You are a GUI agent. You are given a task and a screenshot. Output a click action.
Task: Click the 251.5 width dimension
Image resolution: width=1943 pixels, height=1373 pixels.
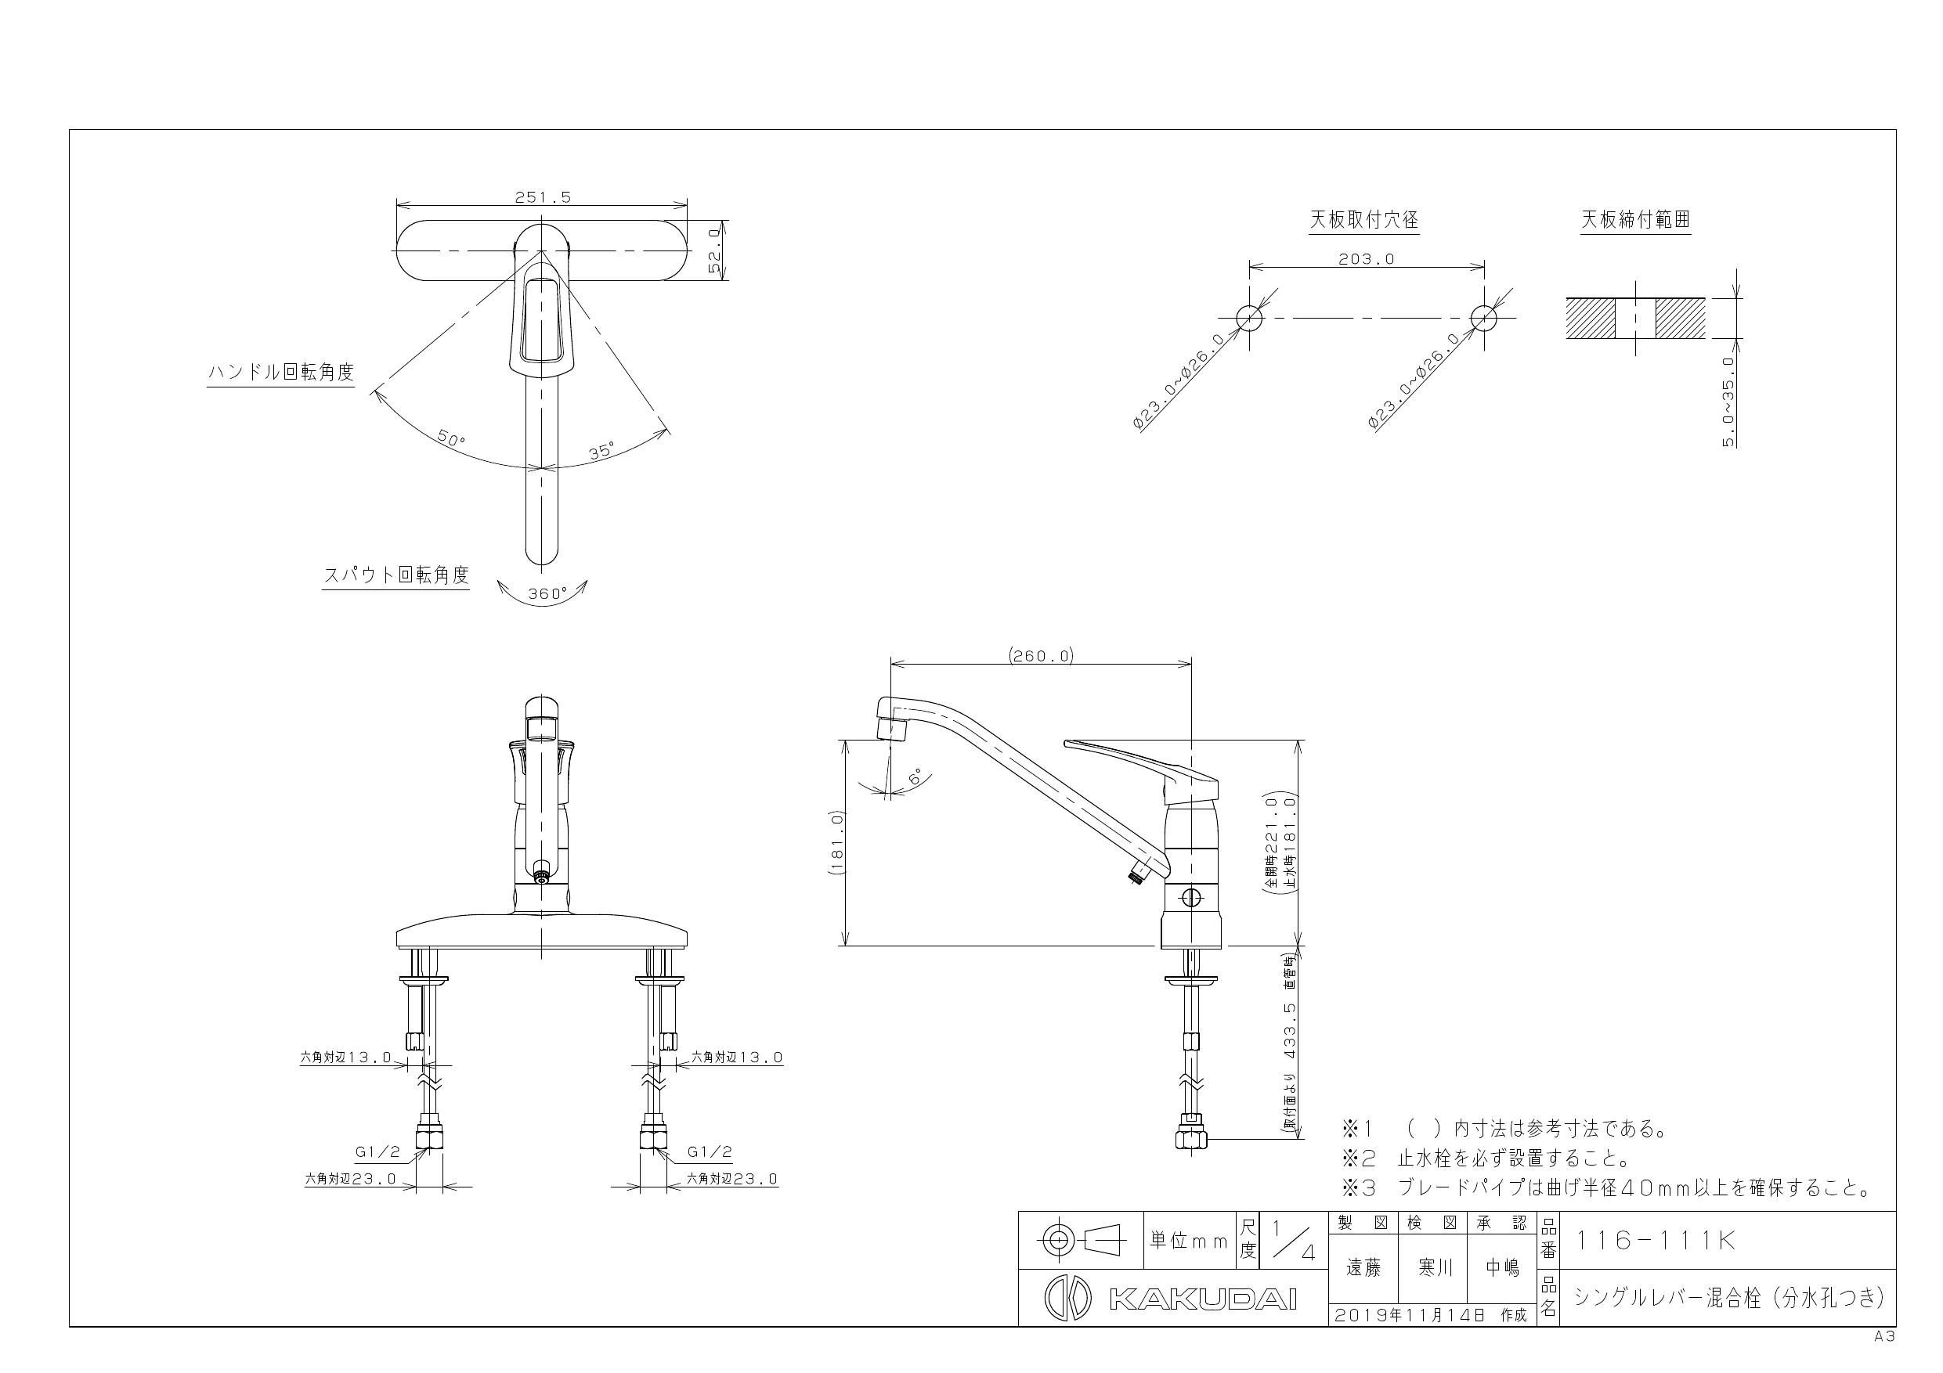tap(543, 197)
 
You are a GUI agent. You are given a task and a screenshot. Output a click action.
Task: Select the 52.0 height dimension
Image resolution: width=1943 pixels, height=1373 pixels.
tap(715, 250)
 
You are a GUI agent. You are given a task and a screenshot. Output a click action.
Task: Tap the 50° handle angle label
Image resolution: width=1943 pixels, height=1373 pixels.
tap(451, 439)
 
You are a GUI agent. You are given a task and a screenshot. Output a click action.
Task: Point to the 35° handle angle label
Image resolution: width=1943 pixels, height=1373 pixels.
tap(601, 450)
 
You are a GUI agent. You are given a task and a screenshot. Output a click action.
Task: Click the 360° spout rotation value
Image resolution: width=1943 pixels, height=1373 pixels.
tap(547, 594)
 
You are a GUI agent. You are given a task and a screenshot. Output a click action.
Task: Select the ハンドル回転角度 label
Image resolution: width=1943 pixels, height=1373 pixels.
tap(281, 373)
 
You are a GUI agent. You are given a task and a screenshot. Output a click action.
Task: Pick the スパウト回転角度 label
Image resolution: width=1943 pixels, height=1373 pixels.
tap(396, 575)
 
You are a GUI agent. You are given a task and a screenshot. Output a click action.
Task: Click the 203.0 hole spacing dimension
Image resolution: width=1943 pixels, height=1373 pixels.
tap(1366, 259)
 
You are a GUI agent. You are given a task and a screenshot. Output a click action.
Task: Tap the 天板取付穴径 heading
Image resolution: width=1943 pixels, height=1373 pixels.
tap(1363, 220)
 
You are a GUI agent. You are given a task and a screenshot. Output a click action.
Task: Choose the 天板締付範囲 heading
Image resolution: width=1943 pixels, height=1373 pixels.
tap(1636, 220)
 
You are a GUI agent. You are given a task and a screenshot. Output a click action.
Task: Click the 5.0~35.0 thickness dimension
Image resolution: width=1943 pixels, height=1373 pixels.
tap(1728, 401)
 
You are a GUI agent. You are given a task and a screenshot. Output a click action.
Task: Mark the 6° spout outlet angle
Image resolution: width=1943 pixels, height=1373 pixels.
tap(916, 777)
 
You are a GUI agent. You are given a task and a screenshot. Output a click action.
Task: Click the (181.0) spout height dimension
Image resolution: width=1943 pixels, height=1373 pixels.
tap(837, 842)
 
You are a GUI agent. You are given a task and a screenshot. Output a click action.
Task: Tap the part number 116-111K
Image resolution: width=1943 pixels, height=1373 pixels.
tap(1656, 1240)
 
